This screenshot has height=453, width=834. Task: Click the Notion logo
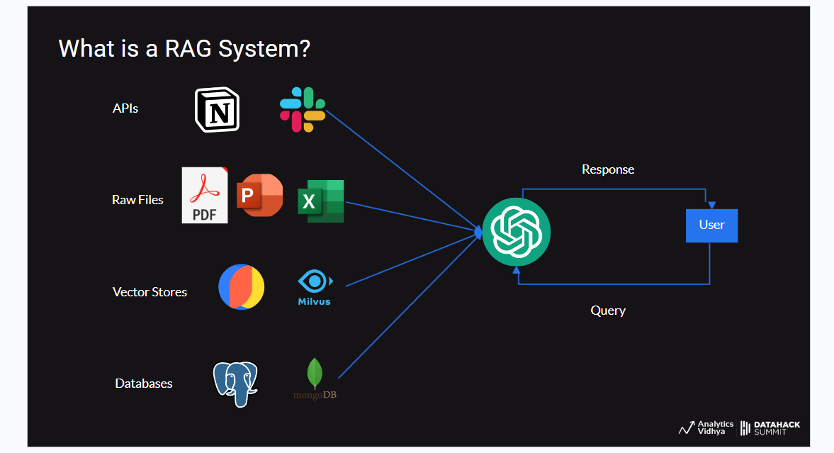pos(218,110)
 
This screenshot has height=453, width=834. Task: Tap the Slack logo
pos(303,109)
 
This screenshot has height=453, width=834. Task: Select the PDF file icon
pos(205,196)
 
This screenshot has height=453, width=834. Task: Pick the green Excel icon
pos(321,201)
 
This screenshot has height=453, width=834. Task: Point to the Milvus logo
pos(315,288)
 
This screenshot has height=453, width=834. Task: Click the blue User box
pos(711,225)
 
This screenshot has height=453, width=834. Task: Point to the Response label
pos(608,169)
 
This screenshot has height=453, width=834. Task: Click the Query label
pos(608,311)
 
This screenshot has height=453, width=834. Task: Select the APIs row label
pos(125,108)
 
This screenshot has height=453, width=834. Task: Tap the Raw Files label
pos(137,200)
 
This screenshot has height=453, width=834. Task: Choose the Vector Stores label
pos(150,292)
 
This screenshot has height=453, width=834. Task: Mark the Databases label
pos(144,384)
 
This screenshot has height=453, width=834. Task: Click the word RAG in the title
pos(186,49)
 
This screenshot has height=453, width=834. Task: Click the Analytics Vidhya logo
pos(706,427)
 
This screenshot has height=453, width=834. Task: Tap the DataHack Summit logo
pos(770,427)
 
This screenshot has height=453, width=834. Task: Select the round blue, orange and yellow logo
pos(241,287)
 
